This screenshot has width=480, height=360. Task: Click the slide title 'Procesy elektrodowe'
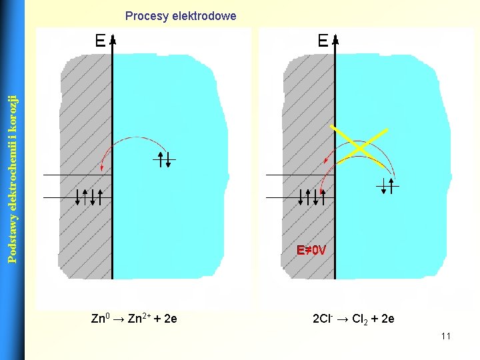click(180, 15)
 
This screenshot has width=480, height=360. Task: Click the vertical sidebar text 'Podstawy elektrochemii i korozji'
click(11, 179)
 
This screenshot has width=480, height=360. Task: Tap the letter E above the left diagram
click(100, 41)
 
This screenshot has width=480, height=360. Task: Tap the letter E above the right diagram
click(323, 41)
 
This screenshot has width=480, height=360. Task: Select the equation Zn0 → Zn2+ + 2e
click(133, 319)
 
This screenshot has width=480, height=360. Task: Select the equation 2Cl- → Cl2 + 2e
click(353, 319)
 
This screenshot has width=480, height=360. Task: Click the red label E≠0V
click(311, 251)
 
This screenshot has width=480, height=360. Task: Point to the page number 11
click(445, 336)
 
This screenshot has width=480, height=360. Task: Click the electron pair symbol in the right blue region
click(387, 186)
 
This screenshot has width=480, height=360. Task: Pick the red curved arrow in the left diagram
click(133, 142)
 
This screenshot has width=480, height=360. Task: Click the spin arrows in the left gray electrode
click(89, 197)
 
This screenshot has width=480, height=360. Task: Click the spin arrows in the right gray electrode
click(311, 197)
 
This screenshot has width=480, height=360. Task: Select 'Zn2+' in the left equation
click(139, 319)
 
